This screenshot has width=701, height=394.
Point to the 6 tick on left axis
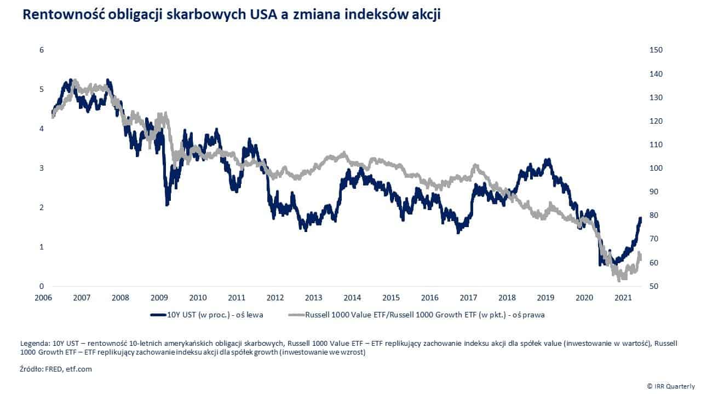point(41,50)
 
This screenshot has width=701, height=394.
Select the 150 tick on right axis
point(656,50)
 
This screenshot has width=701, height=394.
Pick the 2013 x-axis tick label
point(313,298)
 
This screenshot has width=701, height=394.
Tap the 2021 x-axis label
point(623,298)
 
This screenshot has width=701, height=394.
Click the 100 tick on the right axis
point(656,168)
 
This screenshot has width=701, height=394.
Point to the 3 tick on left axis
point(41,168)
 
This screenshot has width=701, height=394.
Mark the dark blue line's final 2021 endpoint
point(640,218)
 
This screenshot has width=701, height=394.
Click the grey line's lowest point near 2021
point(619,280)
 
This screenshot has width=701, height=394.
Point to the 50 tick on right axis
point(653,286)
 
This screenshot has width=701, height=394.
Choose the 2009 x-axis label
point(159,298)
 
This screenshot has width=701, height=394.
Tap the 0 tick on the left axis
point(41,286)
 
